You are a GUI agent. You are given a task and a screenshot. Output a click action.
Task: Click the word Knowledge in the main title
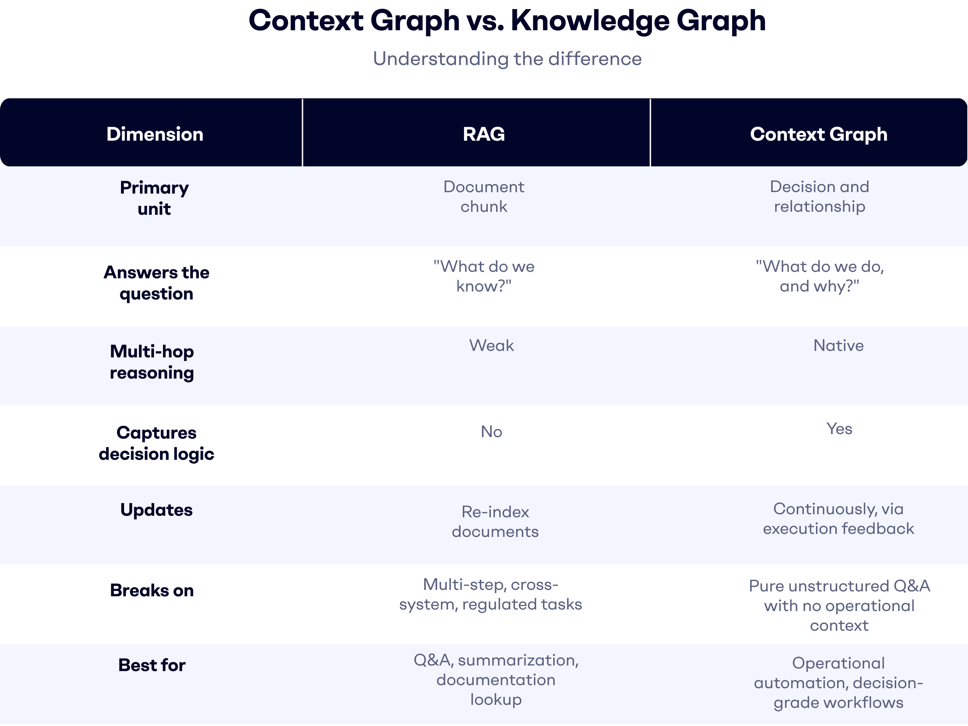[590, 21]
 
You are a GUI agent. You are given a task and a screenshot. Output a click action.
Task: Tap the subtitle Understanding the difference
[507, 59]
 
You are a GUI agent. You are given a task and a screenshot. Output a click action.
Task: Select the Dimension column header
[155, 134]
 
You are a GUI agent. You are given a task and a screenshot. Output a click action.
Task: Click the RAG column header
[484, 134]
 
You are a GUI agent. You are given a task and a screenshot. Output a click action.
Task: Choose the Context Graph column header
[818, 134]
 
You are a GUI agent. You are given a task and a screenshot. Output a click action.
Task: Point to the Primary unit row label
[155, 198]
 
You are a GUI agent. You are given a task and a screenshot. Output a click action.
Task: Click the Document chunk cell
[484, 197]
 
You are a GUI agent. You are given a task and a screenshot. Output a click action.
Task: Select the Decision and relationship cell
[819, 197]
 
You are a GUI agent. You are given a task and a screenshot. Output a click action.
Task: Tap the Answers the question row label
[156, 283]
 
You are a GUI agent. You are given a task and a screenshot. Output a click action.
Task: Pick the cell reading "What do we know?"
[484, 276]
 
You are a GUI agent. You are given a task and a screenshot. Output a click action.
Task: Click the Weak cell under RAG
[492, 346]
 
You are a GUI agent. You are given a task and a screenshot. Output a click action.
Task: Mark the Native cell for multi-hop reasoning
[838, 346]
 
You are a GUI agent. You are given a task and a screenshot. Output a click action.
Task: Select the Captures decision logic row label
[156, 443]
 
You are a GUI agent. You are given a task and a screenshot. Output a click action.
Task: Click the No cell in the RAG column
[492, 432]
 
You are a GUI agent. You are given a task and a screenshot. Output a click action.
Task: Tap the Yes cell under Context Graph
[839, 429]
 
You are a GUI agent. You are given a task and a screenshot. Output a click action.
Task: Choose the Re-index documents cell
[495, 522]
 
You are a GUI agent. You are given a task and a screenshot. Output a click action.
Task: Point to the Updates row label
[156, 510]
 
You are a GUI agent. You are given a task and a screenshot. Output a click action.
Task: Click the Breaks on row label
[152, 590]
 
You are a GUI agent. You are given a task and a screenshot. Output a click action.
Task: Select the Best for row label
[152, 665]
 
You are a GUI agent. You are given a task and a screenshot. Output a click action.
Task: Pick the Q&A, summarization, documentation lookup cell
[496, 679]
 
